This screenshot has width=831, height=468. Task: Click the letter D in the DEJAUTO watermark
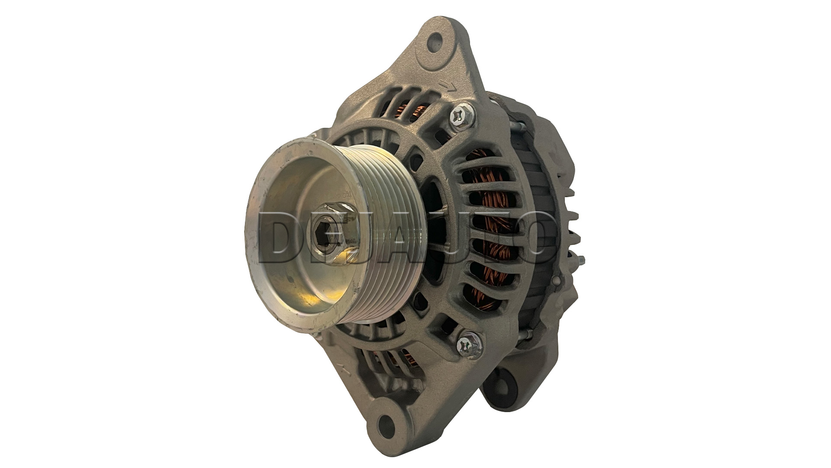281,238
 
